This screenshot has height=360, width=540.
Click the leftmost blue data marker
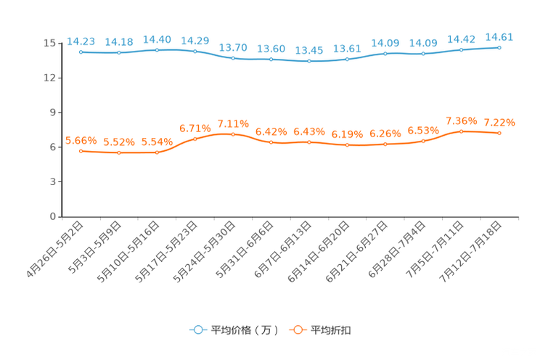(x=81, y=52)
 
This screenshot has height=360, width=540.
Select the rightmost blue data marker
(x=499, y=47)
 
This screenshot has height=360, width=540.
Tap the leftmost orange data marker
(x=81, y=151)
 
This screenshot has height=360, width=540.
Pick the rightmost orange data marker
(x=499, y=133)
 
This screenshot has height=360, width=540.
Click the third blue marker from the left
(x=157, y=49)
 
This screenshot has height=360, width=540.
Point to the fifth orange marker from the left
(x=233, y=134)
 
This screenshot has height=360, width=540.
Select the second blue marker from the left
(x=119, y=52)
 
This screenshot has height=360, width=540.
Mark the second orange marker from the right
(x=461, y=131)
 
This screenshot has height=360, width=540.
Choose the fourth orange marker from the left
(x=195, y=139)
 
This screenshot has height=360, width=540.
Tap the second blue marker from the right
(x=461, y=49)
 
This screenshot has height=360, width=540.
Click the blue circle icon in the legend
(x=197, y=330)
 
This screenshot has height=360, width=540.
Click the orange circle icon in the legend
(x=296, y=330)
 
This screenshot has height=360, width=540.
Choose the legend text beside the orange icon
(x=332, y=330)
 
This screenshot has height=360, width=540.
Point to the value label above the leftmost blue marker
(x=81, y=41)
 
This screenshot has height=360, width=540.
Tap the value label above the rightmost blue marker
(x=499, y=36)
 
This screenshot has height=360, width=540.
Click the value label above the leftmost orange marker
(x=81, y=140)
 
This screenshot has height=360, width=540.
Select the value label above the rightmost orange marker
(x=499, y=122)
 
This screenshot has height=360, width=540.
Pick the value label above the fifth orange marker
(x=233, y=123)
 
